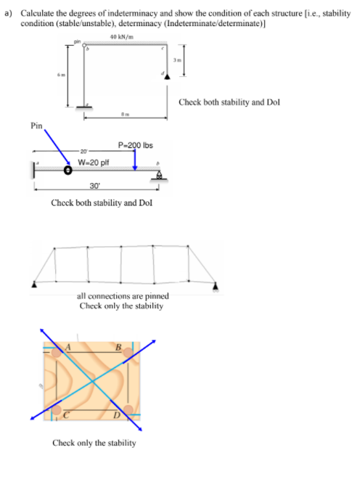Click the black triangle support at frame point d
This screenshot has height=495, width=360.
(168, 75)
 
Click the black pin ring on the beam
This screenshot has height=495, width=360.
(68, 172)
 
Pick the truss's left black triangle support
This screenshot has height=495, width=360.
(33, 285)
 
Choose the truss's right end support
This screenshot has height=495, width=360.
(216, 285)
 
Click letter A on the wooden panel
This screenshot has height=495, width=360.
(72, 347)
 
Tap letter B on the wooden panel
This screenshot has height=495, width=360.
(128, 347)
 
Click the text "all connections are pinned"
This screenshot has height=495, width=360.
(123, 296)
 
